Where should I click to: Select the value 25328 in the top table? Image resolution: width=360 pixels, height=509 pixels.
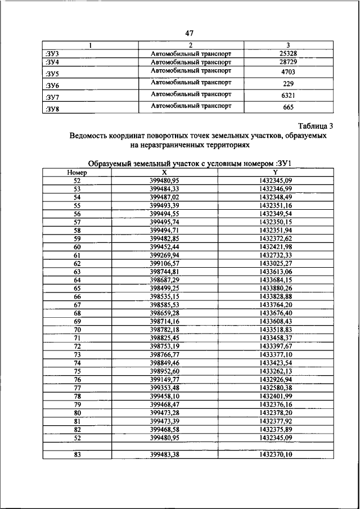276,53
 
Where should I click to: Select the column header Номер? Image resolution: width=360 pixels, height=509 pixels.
76,173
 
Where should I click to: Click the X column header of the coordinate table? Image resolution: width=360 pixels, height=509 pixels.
164,173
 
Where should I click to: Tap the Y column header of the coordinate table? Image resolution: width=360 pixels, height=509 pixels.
276,173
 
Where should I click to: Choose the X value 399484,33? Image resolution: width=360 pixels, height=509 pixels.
164,189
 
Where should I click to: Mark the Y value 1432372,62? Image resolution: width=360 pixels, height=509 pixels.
276,238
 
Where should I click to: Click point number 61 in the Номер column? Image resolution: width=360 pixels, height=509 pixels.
77,255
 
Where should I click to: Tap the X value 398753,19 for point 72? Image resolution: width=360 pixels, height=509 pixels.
164,346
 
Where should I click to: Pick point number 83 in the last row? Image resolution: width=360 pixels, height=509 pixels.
77,454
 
